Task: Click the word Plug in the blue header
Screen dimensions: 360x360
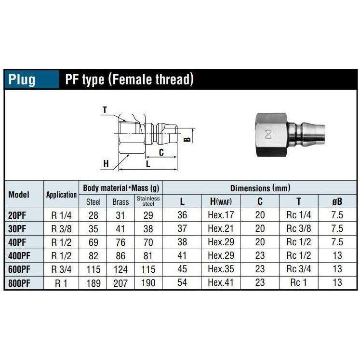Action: (x=22, y=79)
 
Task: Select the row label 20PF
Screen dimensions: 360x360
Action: (x=18, y=215)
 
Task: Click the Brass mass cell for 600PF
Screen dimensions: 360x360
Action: (x=120, y=269)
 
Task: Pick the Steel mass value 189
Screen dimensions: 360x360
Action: (x=93, y=283)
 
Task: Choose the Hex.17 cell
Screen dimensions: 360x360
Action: (x=220, y=215)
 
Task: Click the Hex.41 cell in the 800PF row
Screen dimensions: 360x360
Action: (x=220, y=283)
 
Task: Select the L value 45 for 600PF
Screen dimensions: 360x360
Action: (x=182, y=269)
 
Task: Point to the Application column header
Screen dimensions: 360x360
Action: (x=61, y=195)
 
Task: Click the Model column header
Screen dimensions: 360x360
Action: (x=19, y=195)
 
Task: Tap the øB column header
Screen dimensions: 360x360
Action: (x=337, y=201)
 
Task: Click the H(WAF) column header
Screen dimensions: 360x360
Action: (x=220, y=201)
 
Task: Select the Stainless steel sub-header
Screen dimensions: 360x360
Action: (x=148, y=201)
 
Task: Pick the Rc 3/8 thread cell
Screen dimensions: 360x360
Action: (x=298, y=229)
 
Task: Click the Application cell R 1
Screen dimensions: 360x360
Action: (x=61, y=283)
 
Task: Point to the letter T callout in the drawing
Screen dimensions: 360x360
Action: (x=105, y=110)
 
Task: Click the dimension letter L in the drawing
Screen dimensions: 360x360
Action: (x=148, y=164)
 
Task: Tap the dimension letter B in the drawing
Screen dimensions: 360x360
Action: (x=188, y=139)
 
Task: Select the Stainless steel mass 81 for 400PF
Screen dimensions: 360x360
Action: (x=148, y=256)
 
